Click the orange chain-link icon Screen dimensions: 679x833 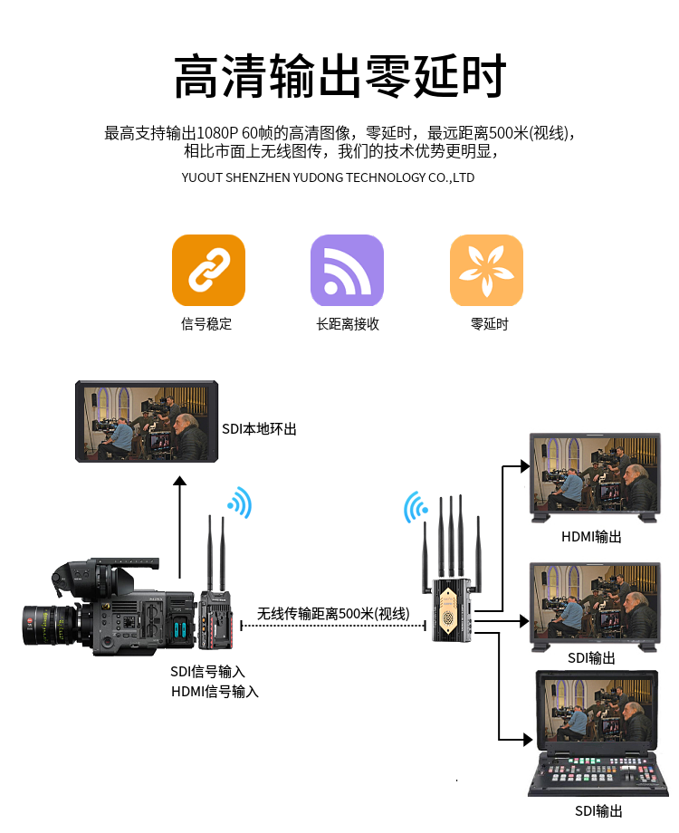tap(208, 270)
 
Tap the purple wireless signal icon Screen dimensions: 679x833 tap(347, 270)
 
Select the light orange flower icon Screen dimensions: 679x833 tap(486, 270)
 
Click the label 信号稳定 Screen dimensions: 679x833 tap(206, 323)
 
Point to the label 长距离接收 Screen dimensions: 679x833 tap(348, 323)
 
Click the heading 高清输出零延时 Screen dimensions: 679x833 tap(340, 75)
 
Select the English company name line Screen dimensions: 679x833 tap(328, 177)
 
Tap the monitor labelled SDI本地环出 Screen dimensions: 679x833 tap(147, 421)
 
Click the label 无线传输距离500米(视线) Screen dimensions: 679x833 tap(333, 614)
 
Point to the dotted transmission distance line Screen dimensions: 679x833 tap(333, 626)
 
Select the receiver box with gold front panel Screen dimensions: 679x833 tap(451, 609)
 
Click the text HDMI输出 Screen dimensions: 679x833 tap(591, 537)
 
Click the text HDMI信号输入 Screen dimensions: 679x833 tap(215, 691)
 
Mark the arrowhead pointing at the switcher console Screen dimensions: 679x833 tap(528, 739)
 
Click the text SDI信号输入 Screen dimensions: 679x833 tap(207, 672)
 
